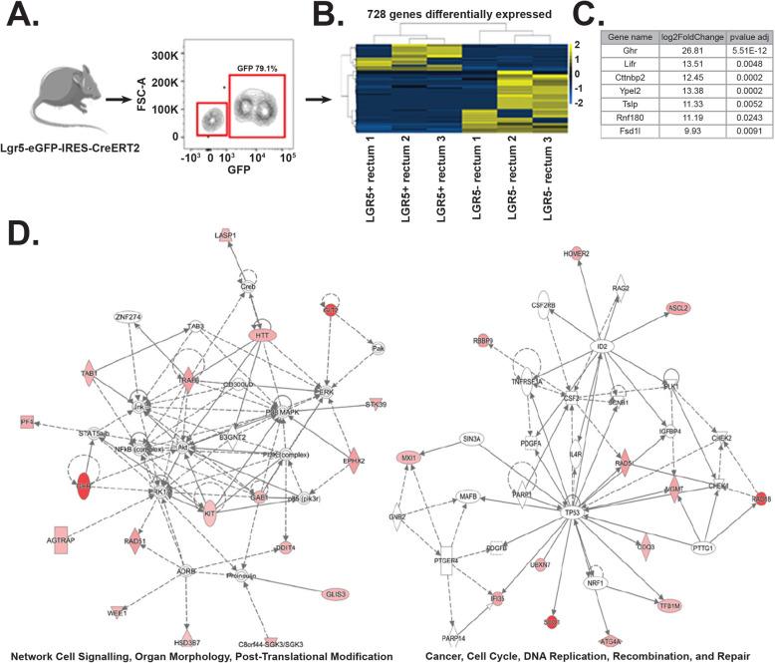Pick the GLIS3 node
pyautogui.click(x=336, y=594)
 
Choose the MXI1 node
pyautogui.click(x=407, y=459)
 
